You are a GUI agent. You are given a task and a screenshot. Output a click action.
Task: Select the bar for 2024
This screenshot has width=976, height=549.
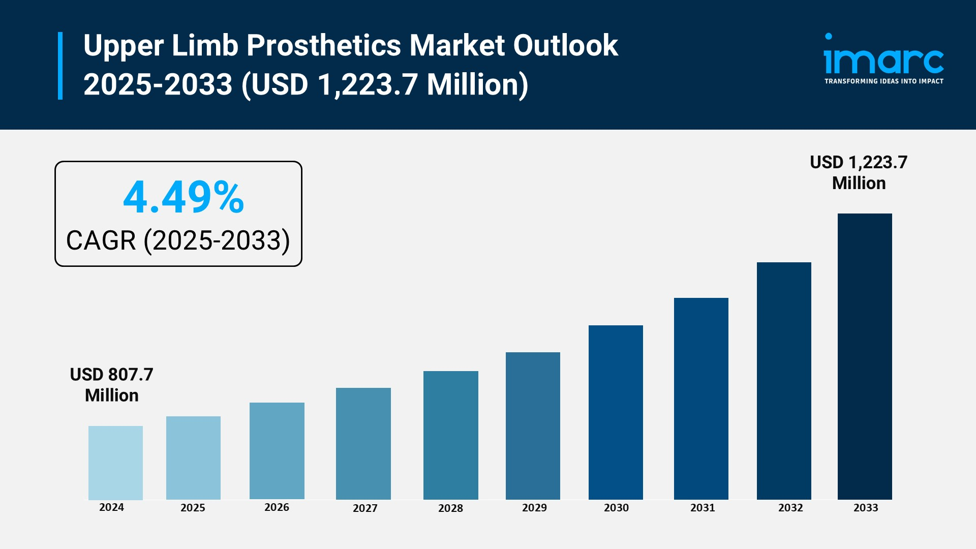[115, 463]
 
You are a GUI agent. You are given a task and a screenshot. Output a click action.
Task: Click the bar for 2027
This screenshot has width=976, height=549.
[363, 443]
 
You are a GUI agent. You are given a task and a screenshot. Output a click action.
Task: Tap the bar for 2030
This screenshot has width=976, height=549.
[616, 412]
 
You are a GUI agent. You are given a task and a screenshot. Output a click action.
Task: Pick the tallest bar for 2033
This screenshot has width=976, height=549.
[865, 356]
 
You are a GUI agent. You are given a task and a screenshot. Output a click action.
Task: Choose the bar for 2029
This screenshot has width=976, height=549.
[533, 425]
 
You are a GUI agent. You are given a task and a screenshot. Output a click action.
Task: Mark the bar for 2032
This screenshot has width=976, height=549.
[784, 381]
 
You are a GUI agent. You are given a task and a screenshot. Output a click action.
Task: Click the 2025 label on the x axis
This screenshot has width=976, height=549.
[193, 508]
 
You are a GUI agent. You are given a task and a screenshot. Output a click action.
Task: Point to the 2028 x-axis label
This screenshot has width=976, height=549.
[450, 508]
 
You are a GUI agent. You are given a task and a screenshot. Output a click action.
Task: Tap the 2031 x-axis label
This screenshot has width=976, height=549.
[703, 508]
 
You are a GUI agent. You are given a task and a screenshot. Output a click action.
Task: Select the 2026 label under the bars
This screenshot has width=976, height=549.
[277, 507]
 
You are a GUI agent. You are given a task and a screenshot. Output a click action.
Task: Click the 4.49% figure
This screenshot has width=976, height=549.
[184, 197]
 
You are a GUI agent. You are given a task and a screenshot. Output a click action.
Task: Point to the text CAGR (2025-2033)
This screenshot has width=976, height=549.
[178, 240]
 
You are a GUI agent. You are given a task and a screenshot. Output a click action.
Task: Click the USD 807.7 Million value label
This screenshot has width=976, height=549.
[111, 385]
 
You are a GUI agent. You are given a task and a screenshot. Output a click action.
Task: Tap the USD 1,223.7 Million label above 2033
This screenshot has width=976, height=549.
[859, 172]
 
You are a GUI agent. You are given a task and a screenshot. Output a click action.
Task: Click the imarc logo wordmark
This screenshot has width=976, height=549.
[883, 60]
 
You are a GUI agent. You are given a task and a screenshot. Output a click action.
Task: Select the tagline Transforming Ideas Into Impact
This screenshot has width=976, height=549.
[883, 81]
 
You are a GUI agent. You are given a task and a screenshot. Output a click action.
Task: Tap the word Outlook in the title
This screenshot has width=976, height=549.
[565, 45]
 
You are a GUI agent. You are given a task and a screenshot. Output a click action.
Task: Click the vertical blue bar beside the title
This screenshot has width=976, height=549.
[60, 66]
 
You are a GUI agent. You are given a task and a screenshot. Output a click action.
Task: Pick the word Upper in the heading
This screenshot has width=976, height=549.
[124, 45]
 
